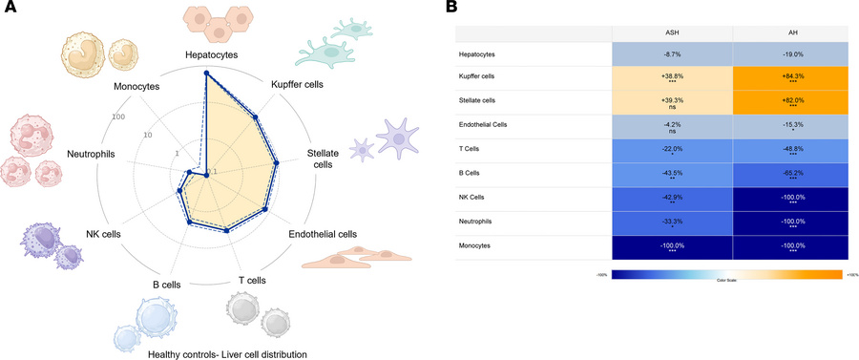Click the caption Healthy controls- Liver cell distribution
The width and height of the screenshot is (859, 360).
(x=227, y=353)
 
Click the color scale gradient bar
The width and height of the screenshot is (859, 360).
(x=725, y=274)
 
